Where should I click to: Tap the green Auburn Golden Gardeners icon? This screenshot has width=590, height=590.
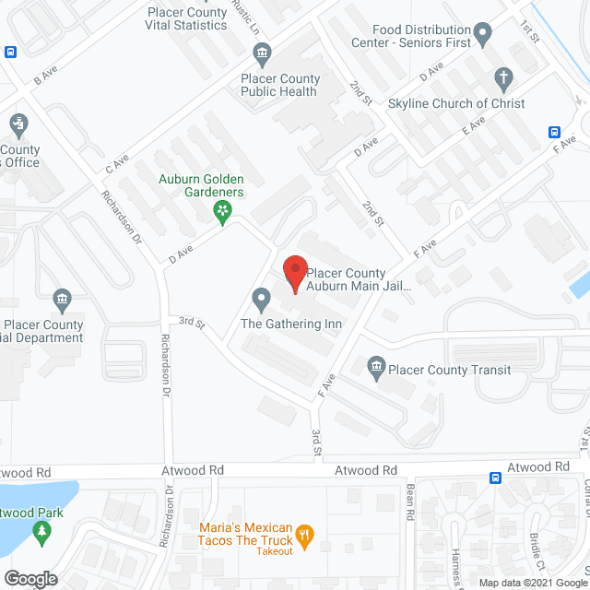pos(222,213)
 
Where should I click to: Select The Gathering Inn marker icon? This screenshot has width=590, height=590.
pos(262,297)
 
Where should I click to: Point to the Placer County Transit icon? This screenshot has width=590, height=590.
pos(376,370)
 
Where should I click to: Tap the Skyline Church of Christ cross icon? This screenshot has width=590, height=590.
pos(502,77)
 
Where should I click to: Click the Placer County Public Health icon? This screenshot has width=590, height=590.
pos(263,52)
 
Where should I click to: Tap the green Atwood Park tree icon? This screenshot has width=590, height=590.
pos(41,532)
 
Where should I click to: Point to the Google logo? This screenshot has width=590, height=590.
pos(29,578)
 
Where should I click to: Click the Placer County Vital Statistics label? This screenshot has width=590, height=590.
pos(186,18)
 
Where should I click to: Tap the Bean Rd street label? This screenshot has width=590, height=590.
pos(412,498)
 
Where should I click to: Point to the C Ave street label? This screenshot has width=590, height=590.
pos(116,166)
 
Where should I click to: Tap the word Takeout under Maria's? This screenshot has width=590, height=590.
pos(274,551)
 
